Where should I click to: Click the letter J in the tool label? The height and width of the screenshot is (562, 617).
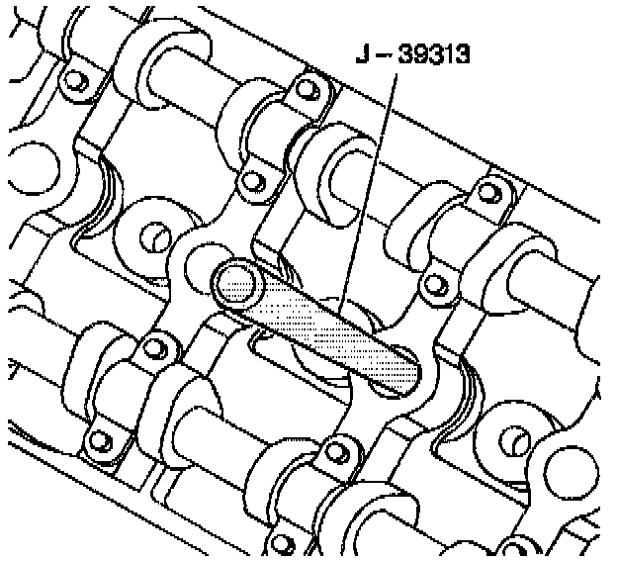(x=363, y=54)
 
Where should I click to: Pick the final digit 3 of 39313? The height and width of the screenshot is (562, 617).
(x=462, y=54)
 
